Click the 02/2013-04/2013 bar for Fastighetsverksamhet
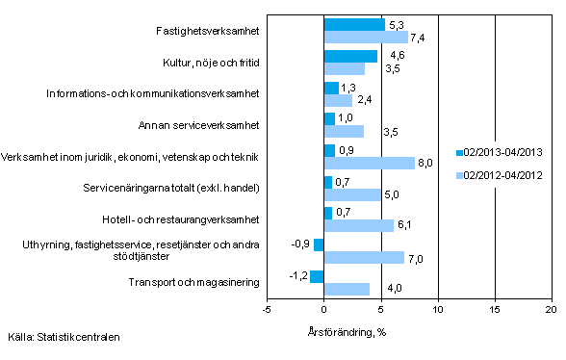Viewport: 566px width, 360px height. click(x=353, y=24)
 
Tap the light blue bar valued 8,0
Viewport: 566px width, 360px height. click(x=369, y=163)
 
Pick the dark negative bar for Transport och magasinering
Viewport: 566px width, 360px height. click(x=317, y=277)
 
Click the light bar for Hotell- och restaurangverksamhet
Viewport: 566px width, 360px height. click(x=358, y=225)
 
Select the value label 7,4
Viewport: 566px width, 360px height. click(x=418, y=38)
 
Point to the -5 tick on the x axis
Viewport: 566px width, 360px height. click(x=267, y=309)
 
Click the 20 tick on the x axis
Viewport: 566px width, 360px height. click(x=551, y=309)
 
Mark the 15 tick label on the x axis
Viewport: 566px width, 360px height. click(x=494, y=309)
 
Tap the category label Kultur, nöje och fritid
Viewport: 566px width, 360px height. click(x=205, y=63)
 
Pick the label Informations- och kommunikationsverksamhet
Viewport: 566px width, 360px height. click(x=154, y=93)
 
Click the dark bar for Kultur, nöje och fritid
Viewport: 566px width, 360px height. click(x=350, y=56)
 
